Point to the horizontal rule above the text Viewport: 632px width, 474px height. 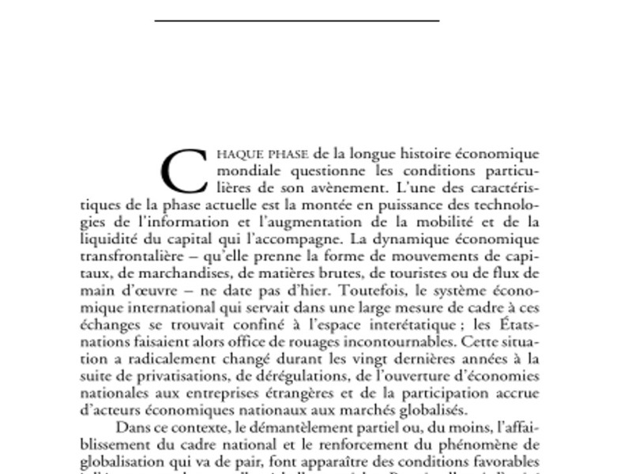click(x=296, y=20)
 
